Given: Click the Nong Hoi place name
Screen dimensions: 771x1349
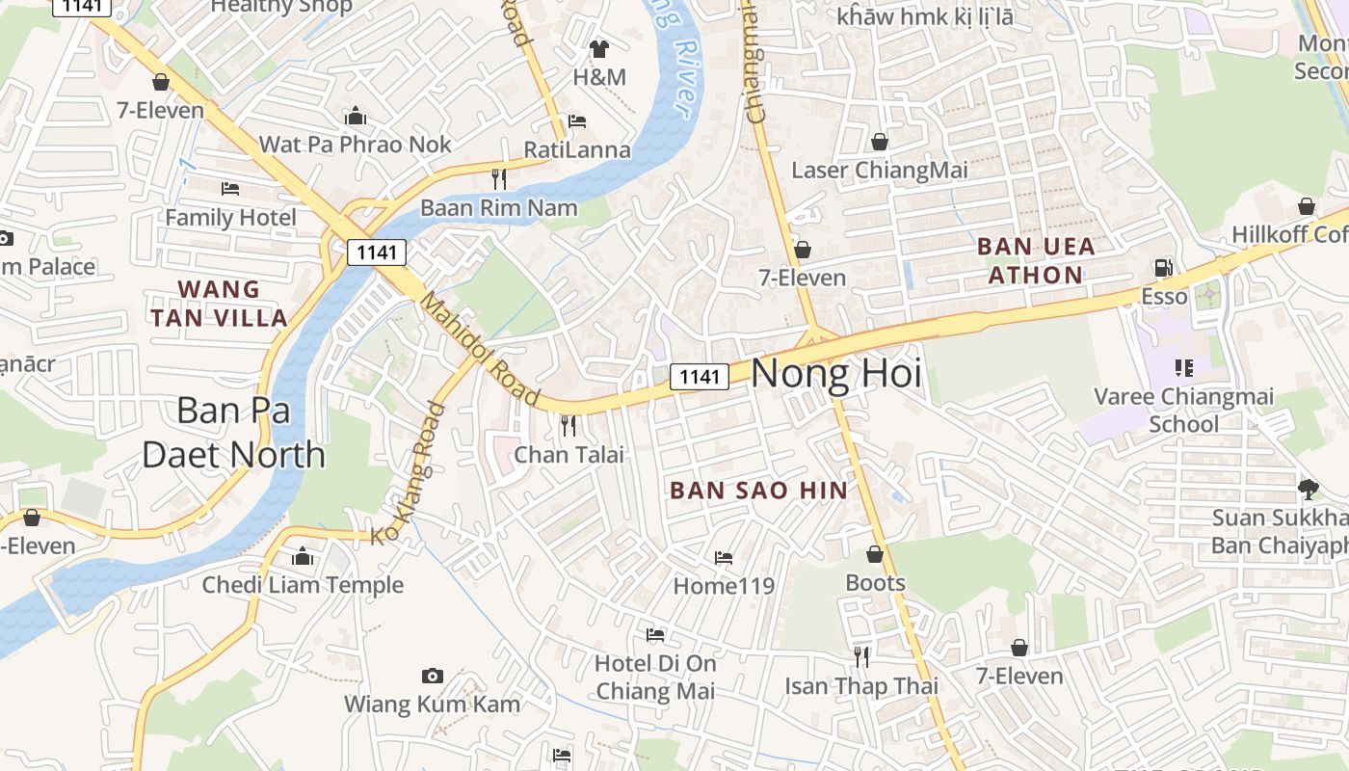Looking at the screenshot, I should [835, 374].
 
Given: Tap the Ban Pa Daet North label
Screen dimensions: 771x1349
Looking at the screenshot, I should [233, 432].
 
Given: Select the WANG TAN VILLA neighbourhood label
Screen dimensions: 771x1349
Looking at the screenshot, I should [219, 304].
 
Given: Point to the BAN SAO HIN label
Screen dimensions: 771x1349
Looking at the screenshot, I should [758, 491].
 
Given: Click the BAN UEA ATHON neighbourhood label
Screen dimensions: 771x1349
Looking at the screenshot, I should [1036, 260].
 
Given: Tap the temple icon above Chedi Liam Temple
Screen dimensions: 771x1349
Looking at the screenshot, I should [303, 557].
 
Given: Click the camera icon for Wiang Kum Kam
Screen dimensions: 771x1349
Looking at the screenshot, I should [433, 677].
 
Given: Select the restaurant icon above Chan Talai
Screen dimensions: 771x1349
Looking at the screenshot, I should [569, 425].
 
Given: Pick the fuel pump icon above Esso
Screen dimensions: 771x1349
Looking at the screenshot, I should [1164, 267].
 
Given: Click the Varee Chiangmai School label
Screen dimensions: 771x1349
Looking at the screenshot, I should [1183, 410].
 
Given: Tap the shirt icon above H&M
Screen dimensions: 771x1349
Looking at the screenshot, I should [599, 49].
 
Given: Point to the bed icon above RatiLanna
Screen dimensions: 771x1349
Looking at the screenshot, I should [577, 121].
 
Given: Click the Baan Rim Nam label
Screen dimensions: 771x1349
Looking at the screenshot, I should [498, 208].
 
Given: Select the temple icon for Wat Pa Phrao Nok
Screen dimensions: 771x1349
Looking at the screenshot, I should [356, 117].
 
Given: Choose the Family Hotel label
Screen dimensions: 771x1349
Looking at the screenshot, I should [230, 218].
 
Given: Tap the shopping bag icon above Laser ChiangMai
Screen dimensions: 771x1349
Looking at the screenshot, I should [879, 143].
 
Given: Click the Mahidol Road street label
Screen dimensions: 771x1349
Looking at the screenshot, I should [480, 348].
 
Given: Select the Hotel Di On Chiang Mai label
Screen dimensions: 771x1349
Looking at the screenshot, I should [655, 677].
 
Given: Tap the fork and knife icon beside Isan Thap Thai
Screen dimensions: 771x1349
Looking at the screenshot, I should [861, 657].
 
